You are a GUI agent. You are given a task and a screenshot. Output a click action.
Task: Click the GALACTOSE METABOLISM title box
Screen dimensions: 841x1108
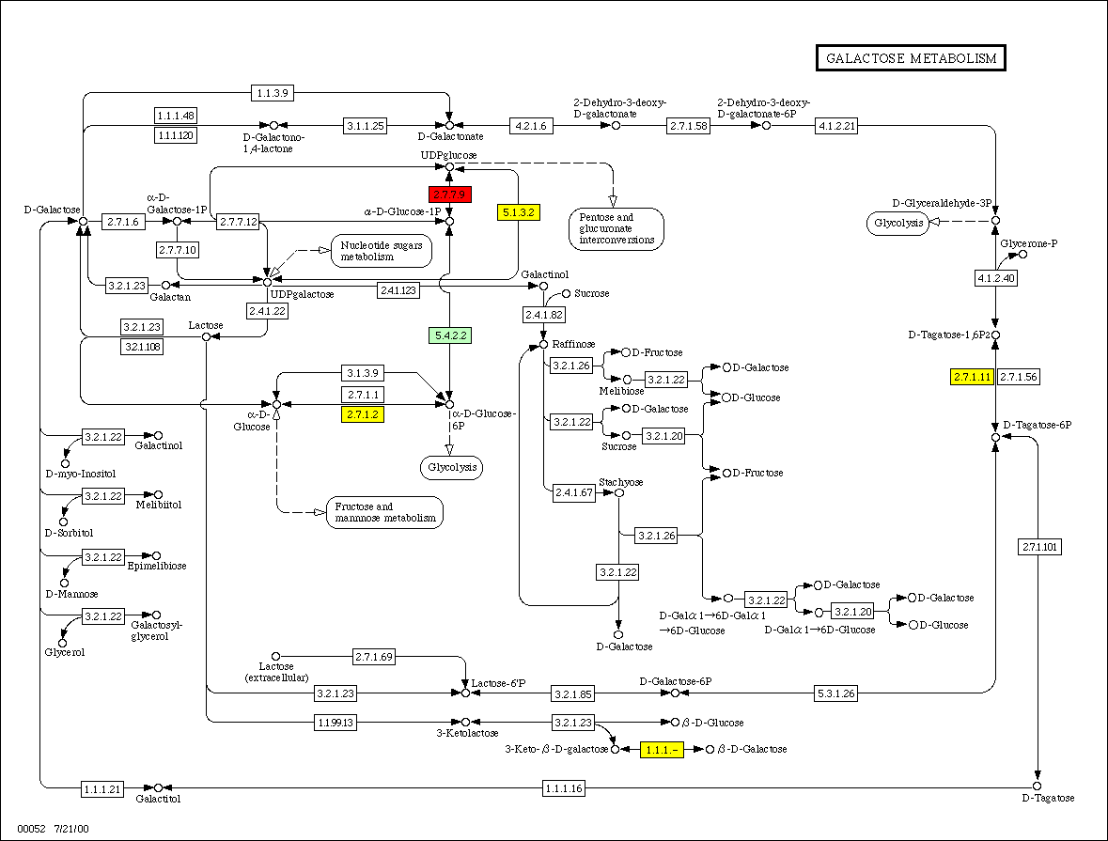pyautogui.click(x=910, y=58)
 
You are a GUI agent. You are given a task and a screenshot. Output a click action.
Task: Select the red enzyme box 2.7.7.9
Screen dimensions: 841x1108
pyautogui.click(x=449, y=195)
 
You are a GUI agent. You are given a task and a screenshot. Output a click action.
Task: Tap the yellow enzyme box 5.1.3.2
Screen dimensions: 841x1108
pyautogui.click(x=518, y=212)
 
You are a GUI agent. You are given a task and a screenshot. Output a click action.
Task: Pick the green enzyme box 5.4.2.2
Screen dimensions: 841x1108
pyautogui.click(x=449, y=335)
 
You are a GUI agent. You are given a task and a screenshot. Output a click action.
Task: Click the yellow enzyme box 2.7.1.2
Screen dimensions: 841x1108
pyautogui.click(x=362, y=414)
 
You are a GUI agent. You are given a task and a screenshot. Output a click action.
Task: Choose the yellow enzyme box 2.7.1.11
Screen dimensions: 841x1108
pyautogui.click(x=972, y=377)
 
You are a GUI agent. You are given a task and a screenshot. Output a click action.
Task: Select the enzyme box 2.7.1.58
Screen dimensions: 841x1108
pyautogui.click(x=688, y=125)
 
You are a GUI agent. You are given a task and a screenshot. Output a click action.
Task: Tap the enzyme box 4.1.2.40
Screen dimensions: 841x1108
pyautogui.click(x=996, y=278)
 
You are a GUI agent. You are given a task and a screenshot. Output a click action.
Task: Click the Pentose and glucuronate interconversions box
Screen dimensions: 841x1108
pyautogui.click(x=616, y=228)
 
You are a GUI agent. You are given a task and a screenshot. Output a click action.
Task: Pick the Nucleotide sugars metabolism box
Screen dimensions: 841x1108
pyautogui.click(x=381, y=250)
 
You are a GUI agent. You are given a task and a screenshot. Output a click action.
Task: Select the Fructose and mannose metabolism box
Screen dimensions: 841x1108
pyautogui.click(x=385, y=512)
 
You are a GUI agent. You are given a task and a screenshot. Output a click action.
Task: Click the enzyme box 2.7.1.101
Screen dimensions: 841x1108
pyautogui.click(x=1038, y=547)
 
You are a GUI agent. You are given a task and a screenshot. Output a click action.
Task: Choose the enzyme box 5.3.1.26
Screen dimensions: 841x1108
pyautogui.click(x=835, y=693)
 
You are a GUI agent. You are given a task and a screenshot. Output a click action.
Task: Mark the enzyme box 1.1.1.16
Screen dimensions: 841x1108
pyautogui.click(x=563, y=787)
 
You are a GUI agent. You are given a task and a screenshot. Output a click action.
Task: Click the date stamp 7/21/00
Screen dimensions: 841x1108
pyautogui.click(x=71, y=830)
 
